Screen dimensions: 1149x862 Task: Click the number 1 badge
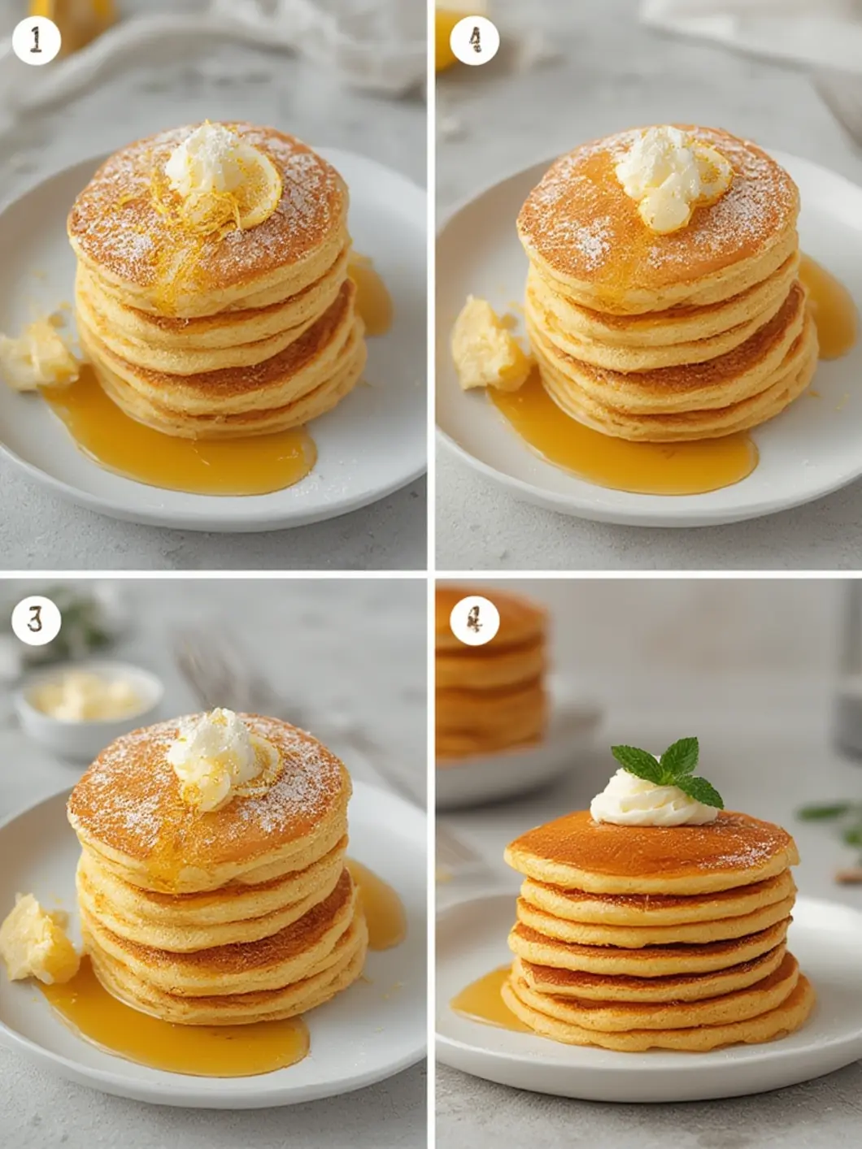click(x=37, y=40)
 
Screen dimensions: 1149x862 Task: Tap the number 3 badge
click(x=37, y=620)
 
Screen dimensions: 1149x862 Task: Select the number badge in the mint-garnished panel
click(x=474, y=621)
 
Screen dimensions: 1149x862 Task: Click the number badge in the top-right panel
click(x=474, y=40)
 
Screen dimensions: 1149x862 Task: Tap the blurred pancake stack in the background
click(x=488, y=674)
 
